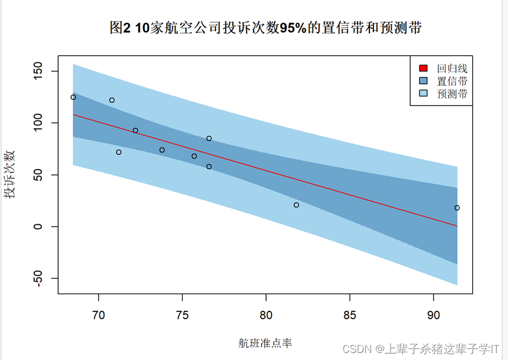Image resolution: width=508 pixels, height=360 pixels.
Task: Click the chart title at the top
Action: [x=265, y=28]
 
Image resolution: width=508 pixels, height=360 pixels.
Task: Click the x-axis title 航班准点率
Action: [x=265, y=342]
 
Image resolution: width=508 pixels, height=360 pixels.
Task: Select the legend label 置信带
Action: [x=452, y=81]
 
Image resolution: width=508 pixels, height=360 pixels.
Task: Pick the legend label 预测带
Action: [x=452, y=93]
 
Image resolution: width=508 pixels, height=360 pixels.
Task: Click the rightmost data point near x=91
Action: [x=457, y=208]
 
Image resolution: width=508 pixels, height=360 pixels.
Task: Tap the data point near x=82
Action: [x=296, y=205]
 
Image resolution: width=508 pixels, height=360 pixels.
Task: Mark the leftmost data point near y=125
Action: [x=73, y=97]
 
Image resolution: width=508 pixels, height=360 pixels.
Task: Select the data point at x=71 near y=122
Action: [x=112, y=100]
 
